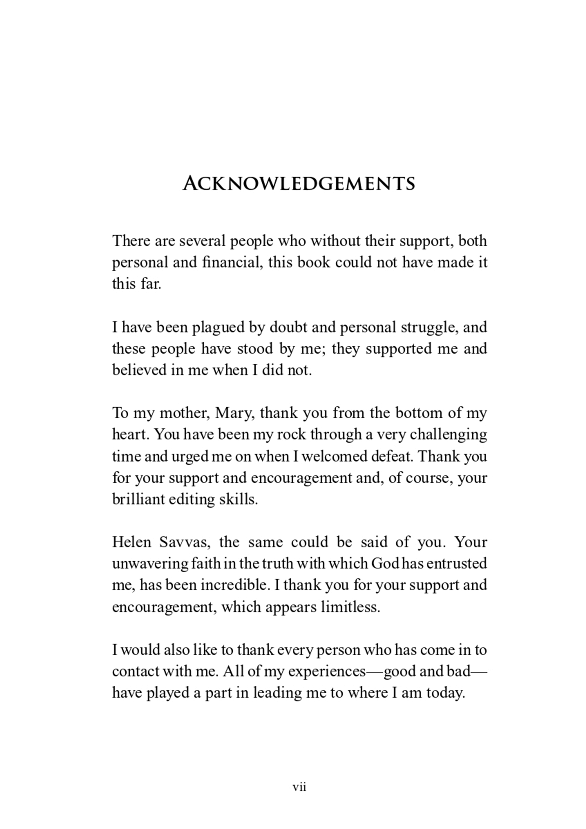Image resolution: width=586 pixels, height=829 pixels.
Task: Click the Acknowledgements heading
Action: (299, 183)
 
